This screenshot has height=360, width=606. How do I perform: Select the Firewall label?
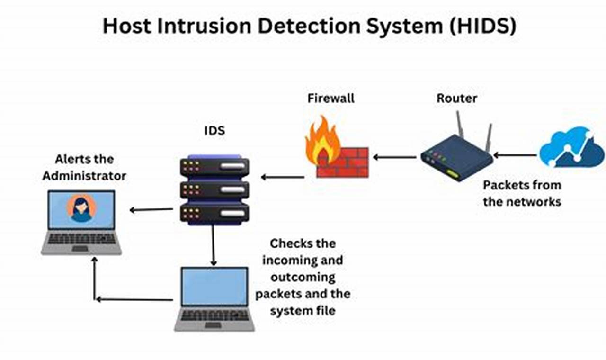tap(331, 99)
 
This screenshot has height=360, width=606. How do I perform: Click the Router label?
tap(456, 99)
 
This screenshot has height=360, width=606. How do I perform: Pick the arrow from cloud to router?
tap(515, 155)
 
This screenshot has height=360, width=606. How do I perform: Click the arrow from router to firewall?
tap(395, 156)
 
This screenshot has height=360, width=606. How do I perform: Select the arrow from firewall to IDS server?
tap(283, 177)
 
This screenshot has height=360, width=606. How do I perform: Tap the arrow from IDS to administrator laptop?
tap(151, 209)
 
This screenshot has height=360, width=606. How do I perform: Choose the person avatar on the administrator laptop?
tap(81, 209)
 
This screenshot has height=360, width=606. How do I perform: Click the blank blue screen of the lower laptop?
tap(214, 286)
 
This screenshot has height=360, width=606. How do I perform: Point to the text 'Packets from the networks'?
tap(522, 193)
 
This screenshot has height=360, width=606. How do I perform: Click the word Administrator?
tap(84, 176)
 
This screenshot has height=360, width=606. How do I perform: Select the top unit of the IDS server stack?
tap(214, 166)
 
